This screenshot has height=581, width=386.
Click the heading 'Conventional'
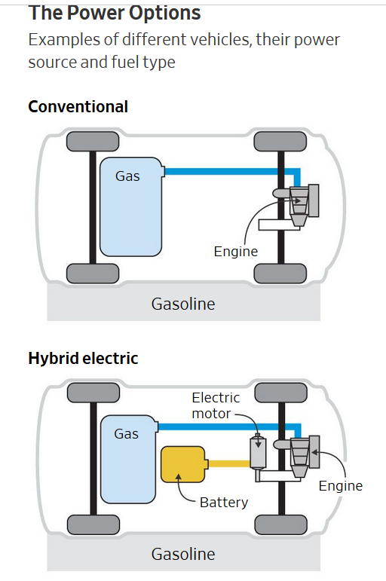pyautogui.click(x=78, y=107)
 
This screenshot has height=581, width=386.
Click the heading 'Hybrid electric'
pyautogui.click(x=83, y=358)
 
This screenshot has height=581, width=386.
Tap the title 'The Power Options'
pyautogui.click(x=115, y=13)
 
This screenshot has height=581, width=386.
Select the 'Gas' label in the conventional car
pyautogui.click(x=127, y=176)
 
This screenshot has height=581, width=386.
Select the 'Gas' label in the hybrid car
pyautogui.click(x=127, y=433)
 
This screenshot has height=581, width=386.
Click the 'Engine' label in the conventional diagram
pyautogui.click(x=236, y=252)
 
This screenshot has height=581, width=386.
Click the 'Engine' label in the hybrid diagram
pyautogui.click(x=341, y=486)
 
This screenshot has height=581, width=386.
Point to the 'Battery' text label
pyautogui.click(x=224, y=503)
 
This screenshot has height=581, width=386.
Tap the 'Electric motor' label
pyautogui.click(x=216, y=405)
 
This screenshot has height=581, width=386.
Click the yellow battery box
pyautogui.click(x=182, y=464)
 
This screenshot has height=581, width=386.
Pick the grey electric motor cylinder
pyautogui.click(x=258, y=452)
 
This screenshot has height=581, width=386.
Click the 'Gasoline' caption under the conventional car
pyautogui.click(x=183, y=304)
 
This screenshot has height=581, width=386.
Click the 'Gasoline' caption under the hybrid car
pyautogui.click(x=183, y=555)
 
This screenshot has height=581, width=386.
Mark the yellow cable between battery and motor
pyautogui.click(x=228, y=463)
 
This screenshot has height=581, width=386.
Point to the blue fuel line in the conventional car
pyautogui.click(x=232, y=172)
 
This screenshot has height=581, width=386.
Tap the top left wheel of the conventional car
pyautogui.click(x=93, y=142)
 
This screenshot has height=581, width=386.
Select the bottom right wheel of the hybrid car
pyautogui.click(x=280, y=524)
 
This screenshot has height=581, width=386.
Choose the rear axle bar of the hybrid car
pyautogui.click(x=93, y=458)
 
